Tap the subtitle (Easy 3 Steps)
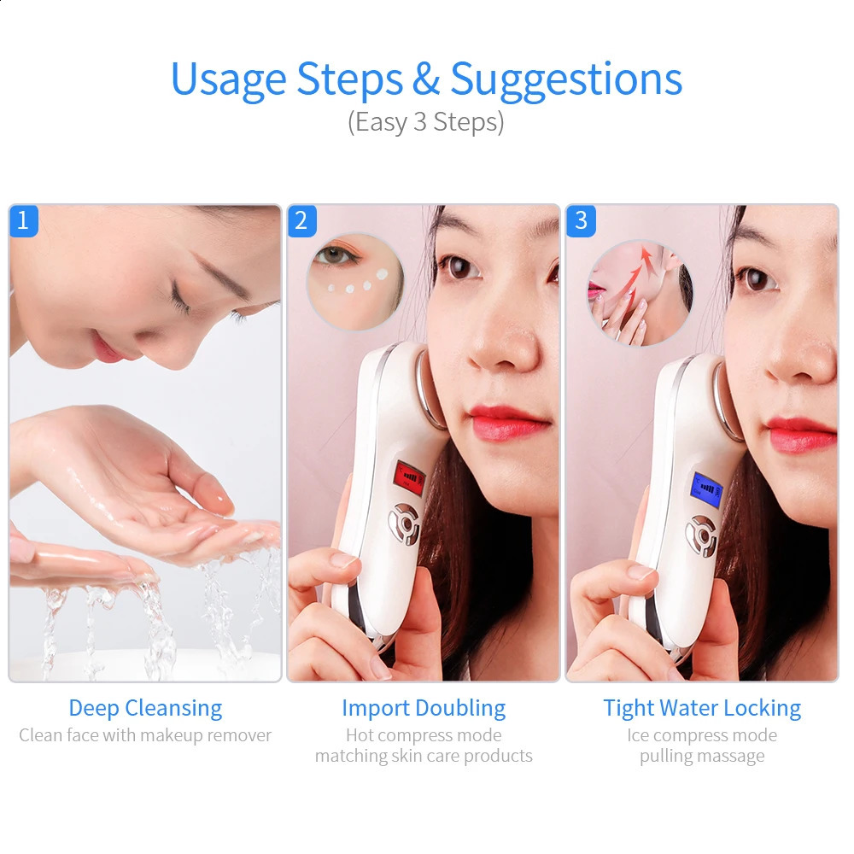426,122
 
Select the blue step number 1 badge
23,220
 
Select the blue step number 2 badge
301,220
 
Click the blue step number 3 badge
581,220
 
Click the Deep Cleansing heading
145,708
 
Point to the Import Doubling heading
424,708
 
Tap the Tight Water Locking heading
702,708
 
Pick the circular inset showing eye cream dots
354,281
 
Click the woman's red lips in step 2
510,421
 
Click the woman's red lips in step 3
800,433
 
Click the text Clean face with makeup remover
145,735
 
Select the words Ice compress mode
702,735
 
